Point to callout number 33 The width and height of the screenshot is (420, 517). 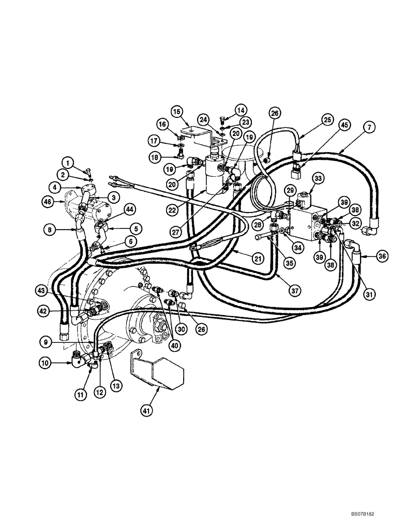(318, 178)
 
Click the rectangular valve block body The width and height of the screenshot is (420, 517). (305, 222)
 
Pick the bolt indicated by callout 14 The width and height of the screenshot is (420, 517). (223, 118)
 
